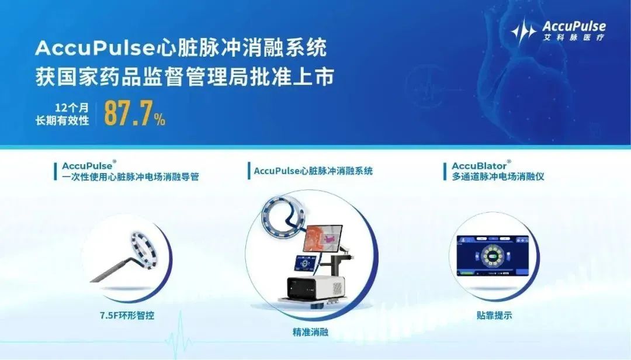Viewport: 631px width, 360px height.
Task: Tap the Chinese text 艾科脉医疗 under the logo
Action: click(574, 37)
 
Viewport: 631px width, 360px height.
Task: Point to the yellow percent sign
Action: click(160, 120)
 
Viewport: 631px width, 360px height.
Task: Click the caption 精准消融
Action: click(310, 333)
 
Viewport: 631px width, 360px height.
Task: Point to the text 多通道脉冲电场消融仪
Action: click(498, 176)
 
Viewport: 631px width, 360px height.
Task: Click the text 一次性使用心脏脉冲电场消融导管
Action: click(130, 176)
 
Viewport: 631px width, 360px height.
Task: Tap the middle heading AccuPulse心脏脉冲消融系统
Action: click(313, 171)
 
